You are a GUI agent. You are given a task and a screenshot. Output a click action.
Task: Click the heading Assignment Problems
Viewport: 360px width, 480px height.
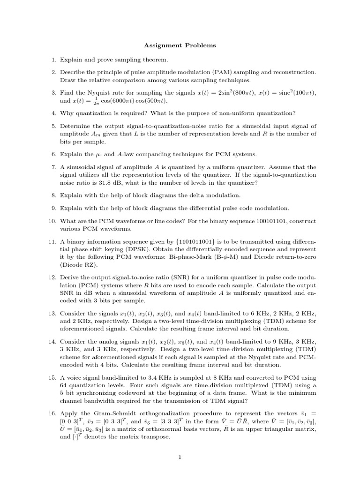pyautogui.click(x=180, y=45)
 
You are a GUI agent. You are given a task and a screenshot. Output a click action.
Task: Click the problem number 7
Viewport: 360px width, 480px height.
pyautogui.click(x=54, y=167)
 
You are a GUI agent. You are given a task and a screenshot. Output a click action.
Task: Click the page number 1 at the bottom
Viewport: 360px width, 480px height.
pyautogui.click(x=180, y=458)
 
